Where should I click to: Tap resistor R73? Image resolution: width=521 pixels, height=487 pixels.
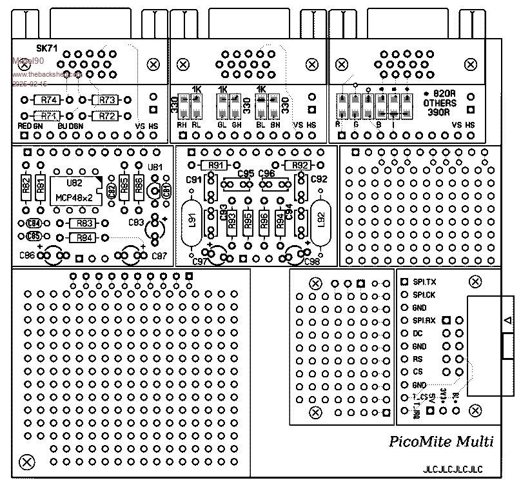[x=106, y=100]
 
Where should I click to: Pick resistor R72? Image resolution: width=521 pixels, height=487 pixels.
[x=106, y=115]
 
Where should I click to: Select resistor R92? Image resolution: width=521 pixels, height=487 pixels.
[x=299, y=166]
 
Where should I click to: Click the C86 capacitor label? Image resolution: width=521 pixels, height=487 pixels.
[x=27, y=256]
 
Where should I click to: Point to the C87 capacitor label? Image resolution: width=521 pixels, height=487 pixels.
[x=159, y=257]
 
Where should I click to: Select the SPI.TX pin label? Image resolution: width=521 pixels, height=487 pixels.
[x=424, y=282]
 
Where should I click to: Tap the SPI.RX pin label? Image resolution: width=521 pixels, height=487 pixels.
[x=424, y=320]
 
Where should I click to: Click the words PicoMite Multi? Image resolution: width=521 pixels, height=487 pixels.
[x=441, y=442]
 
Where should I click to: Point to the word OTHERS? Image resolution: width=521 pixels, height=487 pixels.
[x=439, y=103]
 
